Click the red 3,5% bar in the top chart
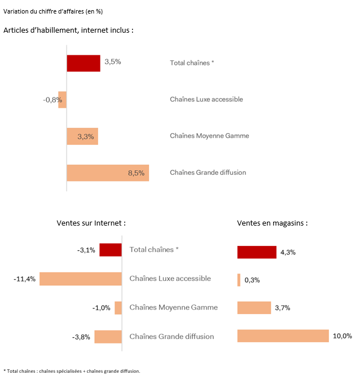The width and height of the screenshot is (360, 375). pyautogui.click(x=83, y=63)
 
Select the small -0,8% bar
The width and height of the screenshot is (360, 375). pyautogui.click(x=63, y=100)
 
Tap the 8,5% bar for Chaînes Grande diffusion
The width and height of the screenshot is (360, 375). pyautogui.click(x=107, y=173)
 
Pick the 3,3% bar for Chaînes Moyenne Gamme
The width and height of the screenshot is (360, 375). pyautogui.click(x=82, y=136)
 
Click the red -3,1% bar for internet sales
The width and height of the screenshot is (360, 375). pyautogui.click(x=111, y=250)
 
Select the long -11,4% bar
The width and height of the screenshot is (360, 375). pyautogui.click(x=80, y=279)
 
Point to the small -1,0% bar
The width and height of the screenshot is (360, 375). pyautogui.click(x=118, y=308)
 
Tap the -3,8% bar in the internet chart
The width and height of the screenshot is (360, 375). pyautogui.click(x=108, y=337)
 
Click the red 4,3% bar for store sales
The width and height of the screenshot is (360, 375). pyautogui.click(x=257, y=252)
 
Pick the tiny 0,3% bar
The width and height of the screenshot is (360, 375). pyautogui.click(x=239, y=280)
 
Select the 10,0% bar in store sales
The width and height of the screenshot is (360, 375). pyautogui.click(x=283, y=336)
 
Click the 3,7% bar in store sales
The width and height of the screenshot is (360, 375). pyautogui.click(x=254, y=308)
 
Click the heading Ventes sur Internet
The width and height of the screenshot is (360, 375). pyautogui.click(x=91, y=223)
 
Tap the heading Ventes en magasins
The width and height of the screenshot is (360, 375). pyautogui.click(x=273, y=223)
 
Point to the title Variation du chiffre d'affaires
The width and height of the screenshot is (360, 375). pyautogui.click(x=46, y=11)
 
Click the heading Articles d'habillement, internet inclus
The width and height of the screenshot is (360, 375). pyautogui.click(x=68, y=30)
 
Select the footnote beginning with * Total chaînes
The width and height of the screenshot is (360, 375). pyautogui.click(x=72, y=370)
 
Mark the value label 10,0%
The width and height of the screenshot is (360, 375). pyautogui.click(x=342, y=336)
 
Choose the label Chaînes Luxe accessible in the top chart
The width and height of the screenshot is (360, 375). pyautogui.click(x=206, y=99)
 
